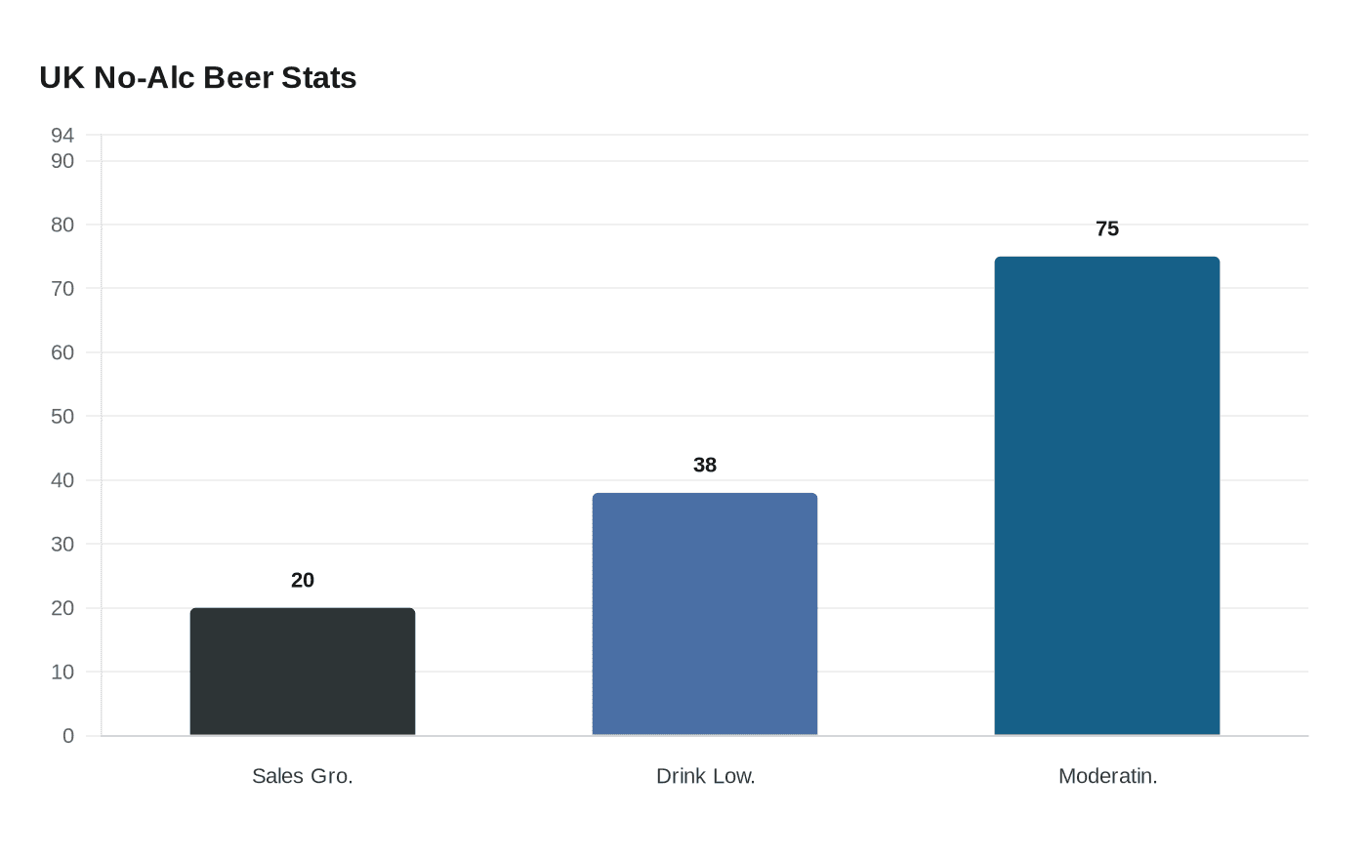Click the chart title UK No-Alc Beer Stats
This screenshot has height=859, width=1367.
pos(198,77)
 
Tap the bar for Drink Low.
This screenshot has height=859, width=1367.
pos(705,614)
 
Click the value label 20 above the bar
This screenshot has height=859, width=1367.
pos(303,580)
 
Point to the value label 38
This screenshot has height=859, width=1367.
pos(705,465)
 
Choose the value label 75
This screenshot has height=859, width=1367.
pos(1107,228)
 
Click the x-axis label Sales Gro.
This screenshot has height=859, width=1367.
pos(303,776)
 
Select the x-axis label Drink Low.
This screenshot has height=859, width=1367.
pos(705,776)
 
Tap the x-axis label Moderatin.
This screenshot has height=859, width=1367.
pos(1107,776)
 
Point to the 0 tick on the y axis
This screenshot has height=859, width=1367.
pos(68,736)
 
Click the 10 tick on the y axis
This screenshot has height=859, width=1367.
pos(62,672)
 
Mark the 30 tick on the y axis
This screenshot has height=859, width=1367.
pos(62,544)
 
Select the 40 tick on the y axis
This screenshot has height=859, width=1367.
pos(62,480)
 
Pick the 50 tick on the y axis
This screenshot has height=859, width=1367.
pos(62,416)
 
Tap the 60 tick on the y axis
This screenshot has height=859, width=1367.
pos(62,352)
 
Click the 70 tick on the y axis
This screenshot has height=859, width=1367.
pos(62,288)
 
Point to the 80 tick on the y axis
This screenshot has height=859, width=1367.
pos(62,225)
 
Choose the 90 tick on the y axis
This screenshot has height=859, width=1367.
pos(62,161)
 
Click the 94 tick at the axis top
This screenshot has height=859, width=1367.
pos(62,135)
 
